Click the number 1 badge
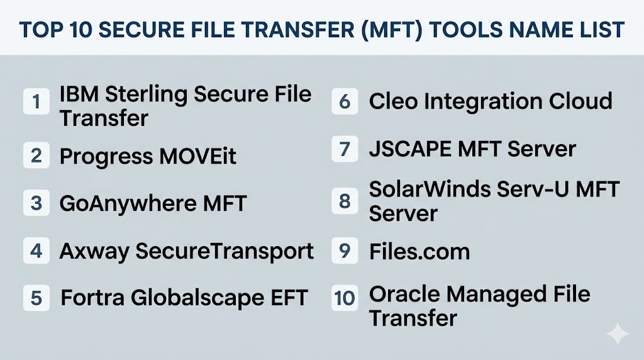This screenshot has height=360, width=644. (36, 101)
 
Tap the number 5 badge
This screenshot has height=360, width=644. (36, 298)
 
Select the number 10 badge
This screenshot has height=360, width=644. (345, 298)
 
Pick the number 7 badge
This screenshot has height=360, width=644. (345, 149)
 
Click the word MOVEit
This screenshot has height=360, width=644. (197, 156)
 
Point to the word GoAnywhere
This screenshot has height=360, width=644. (128, 204)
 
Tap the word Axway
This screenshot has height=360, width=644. (94, 252)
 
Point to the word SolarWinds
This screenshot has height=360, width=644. (430, 189)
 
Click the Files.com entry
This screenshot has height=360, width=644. (419, 252)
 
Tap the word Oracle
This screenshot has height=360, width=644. (404, 295)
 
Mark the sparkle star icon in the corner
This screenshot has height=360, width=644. (618, 334)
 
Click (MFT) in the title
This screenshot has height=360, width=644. (392, 30)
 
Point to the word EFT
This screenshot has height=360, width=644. (289, 298)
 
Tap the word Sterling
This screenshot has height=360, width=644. (147, 95)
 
